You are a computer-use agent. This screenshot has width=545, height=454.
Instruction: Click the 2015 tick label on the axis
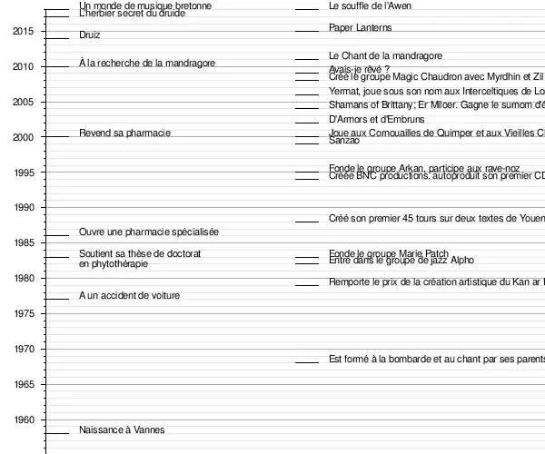(x=24, y=32)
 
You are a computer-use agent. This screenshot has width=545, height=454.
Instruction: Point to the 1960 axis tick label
(x=24, y=420)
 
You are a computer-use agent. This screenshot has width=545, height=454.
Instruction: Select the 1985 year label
(x=24, y=243)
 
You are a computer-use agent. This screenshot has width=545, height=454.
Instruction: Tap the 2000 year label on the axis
(x=24, y=138)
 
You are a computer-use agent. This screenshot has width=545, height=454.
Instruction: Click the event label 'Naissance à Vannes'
(x=122, y=429)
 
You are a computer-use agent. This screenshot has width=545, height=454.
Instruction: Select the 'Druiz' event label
(x=90, y=35)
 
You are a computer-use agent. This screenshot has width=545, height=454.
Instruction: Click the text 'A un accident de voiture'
(x=129, y=296)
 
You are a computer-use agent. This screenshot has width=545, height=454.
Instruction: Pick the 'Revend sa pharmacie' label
(x=124, y=133)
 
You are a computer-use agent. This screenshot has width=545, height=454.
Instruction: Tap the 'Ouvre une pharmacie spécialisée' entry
(x=149, y=232)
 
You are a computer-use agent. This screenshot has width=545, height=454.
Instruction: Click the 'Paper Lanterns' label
(x=360, y=28)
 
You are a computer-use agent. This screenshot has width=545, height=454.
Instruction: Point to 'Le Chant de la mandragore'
(x=385, y=56)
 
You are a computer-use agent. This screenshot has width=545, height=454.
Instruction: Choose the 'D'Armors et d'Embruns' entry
(x=376, y=120)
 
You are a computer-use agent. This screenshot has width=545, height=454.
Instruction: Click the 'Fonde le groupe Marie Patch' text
(x=389, y=253)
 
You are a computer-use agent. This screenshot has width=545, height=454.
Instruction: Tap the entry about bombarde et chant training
(x=436, y=360)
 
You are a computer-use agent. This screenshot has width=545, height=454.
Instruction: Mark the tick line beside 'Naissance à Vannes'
(x=57, y=433)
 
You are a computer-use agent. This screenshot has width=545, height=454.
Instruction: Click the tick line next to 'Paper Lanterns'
(x=307, y=32)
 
